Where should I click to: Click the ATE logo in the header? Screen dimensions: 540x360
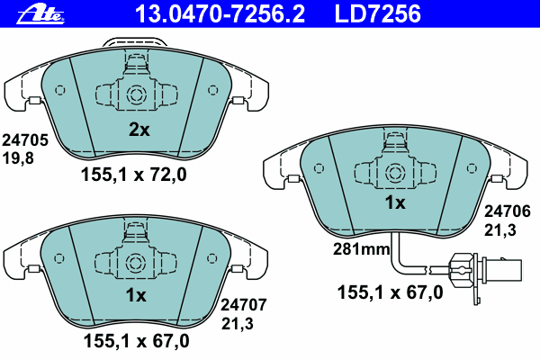[x=40, y=14]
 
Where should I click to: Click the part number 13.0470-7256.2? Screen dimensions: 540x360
[x=220, y=14]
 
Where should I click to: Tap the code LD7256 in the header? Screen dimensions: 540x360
[x=377, y=14]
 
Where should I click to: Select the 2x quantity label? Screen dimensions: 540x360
[x=139, y=130]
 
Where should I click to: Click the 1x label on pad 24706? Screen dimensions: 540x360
[x=395, y=202]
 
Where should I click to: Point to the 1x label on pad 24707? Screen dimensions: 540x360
[x=136, y=295]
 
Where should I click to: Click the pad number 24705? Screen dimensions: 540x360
[x=25, y=140]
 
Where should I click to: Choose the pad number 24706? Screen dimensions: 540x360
[x=508, y=211]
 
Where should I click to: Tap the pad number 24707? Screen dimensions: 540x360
[x=244, y=305]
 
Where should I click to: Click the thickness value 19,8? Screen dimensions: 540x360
[x=18, y=158]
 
